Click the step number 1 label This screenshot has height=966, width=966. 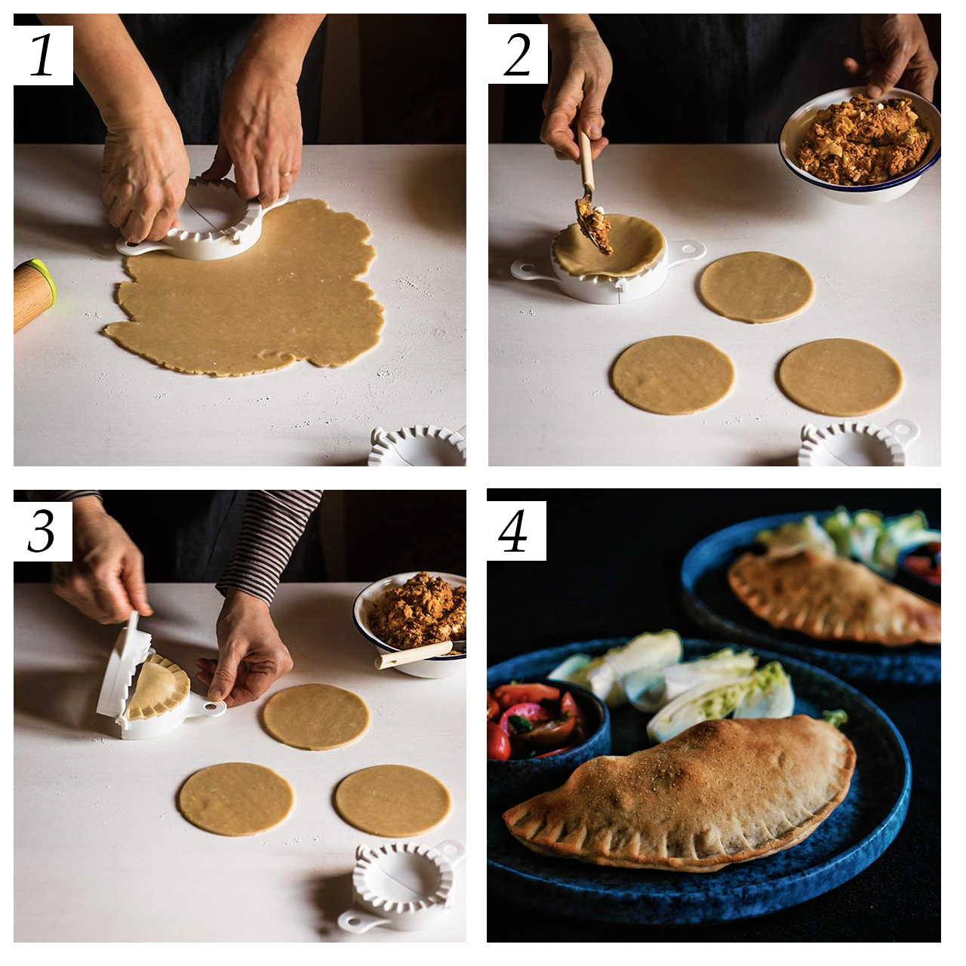[x=42, y=56]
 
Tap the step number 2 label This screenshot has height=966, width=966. [x=518, y=54]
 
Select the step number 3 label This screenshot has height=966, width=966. [x=42, y=531]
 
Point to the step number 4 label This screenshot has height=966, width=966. [x=516, y=531]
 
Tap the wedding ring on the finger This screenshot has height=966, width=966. [x=286, y=174]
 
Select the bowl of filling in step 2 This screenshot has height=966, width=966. [x=860, y=146]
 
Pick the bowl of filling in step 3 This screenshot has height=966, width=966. [x=411, y=625]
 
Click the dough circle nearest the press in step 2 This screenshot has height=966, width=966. [x=756, y=288]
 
